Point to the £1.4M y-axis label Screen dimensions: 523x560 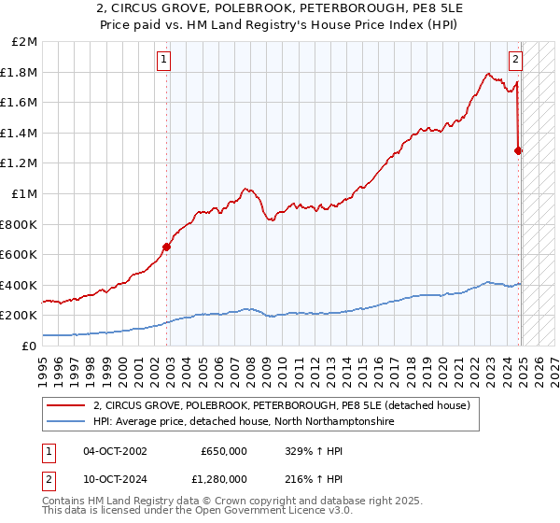[21, 133]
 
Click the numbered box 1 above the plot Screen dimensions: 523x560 [164, 60]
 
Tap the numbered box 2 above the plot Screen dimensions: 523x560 [515, 60]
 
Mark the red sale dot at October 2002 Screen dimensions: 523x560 [167, 247]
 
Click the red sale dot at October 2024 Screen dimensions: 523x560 [519, 150]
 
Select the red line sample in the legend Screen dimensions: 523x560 [66, 405]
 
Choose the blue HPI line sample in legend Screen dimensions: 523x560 [66, 422]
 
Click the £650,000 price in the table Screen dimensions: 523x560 [223, 451]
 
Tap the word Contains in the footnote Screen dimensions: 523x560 [64, 502]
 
